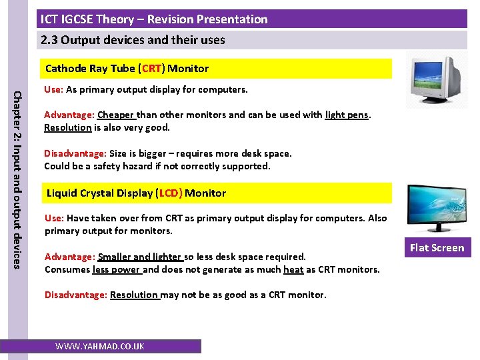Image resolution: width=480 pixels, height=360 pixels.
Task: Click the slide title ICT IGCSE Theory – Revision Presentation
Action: pos(154,19)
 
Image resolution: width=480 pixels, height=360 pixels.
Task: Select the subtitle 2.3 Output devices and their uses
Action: pos(133,40)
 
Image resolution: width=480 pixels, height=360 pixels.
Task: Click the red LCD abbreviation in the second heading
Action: pos(169,193)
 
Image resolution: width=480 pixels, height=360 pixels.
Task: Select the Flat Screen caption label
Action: pos(437,248)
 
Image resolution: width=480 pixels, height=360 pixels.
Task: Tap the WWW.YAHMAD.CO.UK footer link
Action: pos(99,347)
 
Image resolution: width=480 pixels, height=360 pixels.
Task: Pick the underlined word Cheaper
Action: pos(117,115)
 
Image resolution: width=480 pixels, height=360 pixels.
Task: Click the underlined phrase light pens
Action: pos(347,115)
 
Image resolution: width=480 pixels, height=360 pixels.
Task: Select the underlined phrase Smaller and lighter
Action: pos(140,257)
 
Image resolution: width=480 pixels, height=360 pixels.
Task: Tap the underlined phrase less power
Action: pos(117,269)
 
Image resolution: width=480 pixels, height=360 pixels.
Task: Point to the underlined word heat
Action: pos(293,269)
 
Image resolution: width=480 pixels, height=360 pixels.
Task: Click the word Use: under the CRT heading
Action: pos(53,89)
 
